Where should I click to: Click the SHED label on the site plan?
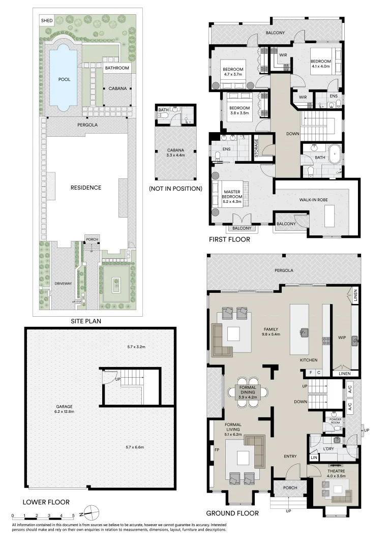pos(47,20)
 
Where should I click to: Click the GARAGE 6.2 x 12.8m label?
pos(64,409)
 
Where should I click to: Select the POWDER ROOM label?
pos(335,420)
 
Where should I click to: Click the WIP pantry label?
pos(342,337)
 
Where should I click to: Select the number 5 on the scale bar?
pos(74,515)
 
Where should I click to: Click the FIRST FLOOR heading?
pos(229,239)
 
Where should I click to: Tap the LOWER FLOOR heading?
pos(46,502)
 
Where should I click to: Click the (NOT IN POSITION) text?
pos(175,188)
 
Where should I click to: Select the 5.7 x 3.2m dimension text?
pos(136,347)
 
